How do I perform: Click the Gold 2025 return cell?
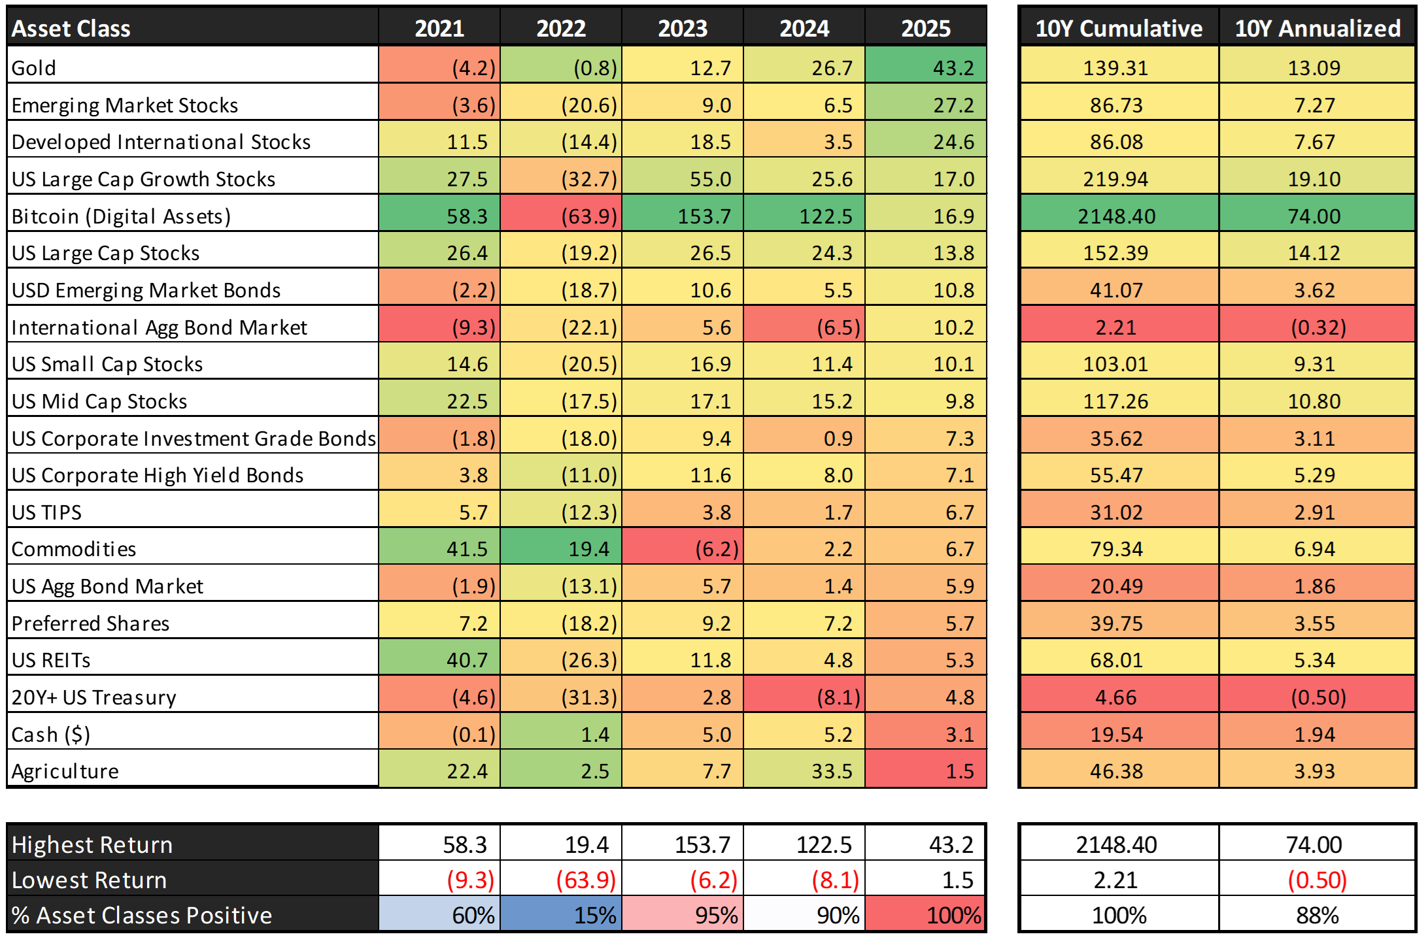(926, 67)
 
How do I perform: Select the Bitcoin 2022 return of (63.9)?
(562, 216)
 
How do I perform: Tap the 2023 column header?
(683, 28)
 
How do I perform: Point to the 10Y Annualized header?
(1317, 28)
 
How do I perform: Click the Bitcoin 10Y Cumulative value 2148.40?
(1117, 216)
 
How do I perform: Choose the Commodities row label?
(74, 549)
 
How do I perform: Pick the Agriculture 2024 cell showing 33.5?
(805, 771)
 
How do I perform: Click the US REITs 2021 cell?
(439, 660)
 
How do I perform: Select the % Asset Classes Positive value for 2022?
(562, 915)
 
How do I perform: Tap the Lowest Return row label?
(90, 880)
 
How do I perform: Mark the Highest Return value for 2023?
(683, 845)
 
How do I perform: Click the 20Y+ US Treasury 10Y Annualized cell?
(1317, 697)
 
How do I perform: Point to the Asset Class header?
(71, 28)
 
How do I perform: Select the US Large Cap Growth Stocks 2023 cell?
(683, 179)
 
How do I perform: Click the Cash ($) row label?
(51, 735)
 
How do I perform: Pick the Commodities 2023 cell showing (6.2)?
(683, 549)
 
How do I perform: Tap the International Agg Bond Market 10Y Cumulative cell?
(1117, 327)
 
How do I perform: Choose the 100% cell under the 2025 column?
(926, 915)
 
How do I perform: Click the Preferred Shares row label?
(91, 623)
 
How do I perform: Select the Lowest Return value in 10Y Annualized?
(1317, 880)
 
